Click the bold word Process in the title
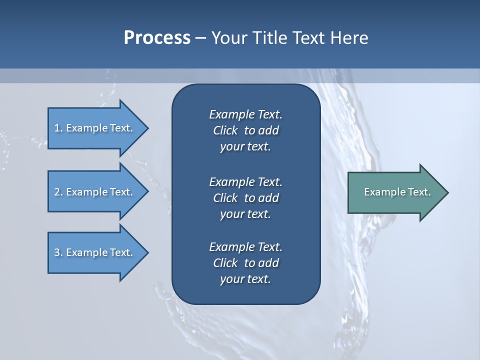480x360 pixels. coord(157,37)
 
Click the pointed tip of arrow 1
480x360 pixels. coord(147,128)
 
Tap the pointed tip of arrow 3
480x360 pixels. coord(147,252)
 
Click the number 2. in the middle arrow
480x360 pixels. coord(58,192)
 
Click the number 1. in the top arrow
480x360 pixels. coord(58,128)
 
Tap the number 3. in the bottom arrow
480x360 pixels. coord(58,252)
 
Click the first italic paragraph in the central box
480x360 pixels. coord(245,130)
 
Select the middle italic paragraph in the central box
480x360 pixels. coord(245,198)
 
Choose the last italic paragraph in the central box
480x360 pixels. coord(245,263)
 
